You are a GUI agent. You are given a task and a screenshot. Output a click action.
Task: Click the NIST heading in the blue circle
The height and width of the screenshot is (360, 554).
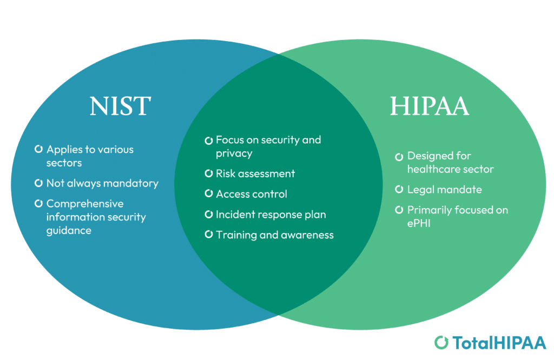120,106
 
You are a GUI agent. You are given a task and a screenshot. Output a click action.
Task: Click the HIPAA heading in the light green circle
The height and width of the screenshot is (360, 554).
429,106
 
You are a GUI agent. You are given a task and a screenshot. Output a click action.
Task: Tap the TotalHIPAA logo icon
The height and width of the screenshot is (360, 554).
441,342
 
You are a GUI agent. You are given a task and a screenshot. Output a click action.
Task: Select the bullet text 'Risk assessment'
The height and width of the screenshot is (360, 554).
255,174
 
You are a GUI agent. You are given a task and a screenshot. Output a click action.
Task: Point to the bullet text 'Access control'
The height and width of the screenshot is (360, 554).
251,194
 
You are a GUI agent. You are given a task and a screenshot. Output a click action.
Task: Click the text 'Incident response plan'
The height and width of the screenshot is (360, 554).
271,215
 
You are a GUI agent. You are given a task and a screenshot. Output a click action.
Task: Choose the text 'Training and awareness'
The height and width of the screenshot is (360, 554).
274,235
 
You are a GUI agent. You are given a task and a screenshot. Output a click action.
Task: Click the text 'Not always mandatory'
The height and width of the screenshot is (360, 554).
102,183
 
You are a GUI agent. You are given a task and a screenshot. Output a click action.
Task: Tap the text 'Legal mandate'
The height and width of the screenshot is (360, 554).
445,190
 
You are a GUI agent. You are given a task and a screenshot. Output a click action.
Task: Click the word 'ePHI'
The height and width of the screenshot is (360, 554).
419,223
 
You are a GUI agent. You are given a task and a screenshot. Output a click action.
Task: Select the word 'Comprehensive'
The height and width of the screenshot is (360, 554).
85,204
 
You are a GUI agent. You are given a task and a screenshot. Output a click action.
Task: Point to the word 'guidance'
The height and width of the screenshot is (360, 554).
69,231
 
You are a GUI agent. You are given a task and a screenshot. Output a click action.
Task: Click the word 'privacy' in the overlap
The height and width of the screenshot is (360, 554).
234,154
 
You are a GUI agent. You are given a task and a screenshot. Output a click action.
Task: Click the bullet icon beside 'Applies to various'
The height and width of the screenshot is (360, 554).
38,149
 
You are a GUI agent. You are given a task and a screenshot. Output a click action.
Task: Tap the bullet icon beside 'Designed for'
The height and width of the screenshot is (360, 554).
399,157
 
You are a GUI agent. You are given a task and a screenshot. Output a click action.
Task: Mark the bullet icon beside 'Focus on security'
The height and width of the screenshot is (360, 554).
208,141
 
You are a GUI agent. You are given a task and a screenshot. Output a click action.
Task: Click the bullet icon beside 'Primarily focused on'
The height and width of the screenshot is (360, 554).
399,210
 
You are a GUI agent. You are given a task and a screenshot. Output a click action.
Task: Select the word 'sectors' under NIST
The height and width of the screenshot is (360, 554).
64,163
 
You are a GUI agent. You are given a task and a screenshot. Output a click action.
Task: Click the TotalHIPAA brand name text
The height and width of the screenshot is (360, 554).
499,343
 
